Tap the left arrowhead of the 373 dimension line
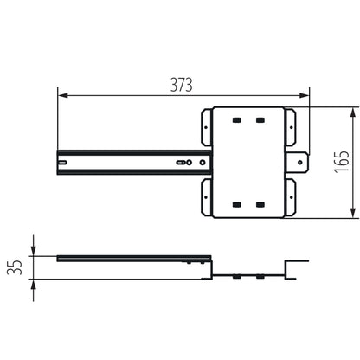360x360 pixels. pos(61,94)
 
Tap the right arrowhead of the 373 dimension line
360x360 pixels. pos(305,94)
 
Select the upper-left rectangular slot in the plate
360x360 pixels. pos(237,119)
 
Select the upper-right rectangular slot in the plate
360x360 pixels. pos(260,119)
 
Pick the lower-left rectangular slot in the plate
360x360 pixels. pos(237,204)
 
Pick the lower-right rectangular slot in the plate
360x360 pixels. pos(260,204)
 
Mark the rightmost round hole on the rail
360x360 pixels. pos(202,161)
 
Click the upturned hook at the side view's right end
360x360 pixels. pos(299,269)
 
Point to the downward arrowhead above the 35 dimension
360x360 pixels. pos(32,252)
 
